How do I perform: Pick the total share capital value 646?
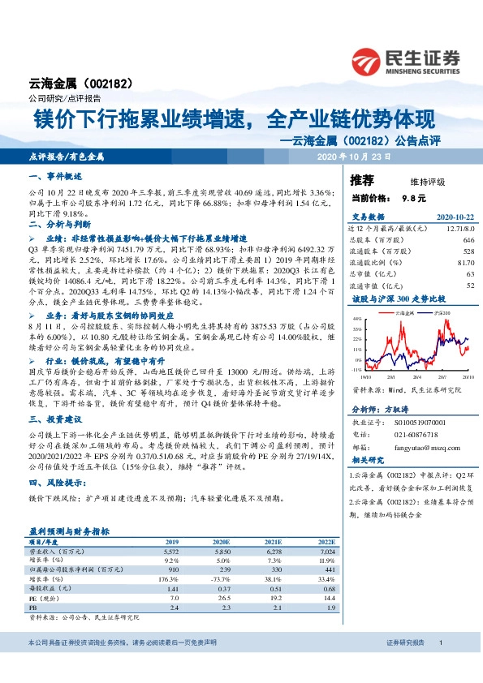pos(468,241)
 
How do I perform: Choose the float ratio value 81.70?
pos(464,263)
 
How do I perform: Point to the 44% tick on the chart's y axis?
pos(358,320)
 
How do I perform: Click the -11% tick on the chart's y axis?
pos(357,369)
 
